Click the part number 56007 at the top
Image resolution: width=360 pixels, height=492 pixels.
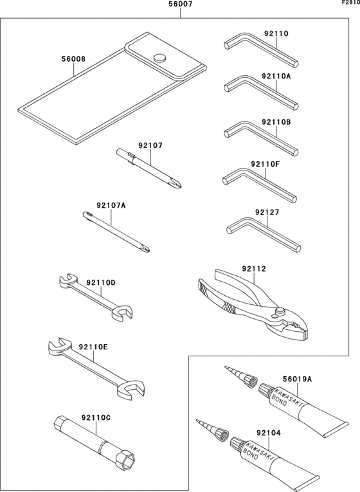[180, 4]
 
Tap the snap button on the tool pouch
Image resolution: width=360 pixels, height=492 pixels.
[160, 58]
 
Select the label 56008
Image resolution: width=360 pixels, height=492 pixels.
[73, 59]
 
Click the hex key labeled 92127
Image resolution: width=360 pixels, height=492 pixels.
[263, 233]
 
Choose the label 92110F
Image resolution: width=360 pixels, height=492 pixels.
[265, 164]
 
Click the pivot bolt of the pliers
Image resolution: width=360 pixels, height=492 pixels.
[279, 311]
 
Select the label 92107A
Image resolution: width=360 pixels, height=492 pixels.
[111, 206]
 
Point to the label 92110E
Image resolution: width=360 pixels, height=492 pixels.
[93, 347]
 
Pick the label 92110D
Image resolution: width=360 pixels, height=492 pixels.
[101, 283]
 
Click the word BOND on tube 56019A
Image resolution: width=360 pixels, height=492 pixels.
[279, 401]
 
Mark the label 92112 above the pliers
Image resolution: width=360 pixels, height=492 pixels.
[254, 269]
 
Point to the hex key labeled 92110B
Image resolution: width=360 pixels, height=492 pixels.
[261, 138]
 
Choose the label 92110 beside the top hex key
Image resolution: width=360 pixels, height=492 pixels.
[276, 33]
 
